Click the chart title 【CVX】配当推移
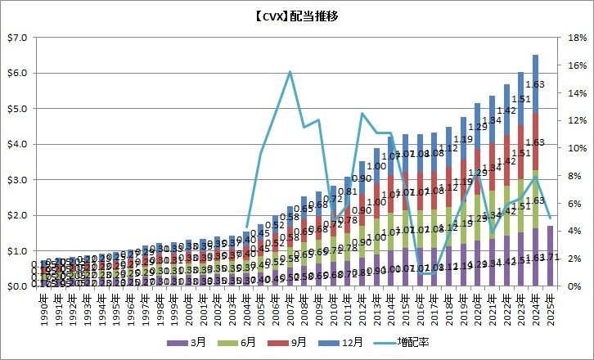tap(296, 16)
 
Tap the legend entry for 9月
tap(298, 342)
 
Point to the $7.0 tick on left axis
tap(17, 38)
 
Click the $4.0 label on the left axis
tap(17, 144)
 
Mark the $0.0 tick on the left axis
tap(17, 286)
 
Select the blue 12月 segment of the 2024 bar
tap(535, 83)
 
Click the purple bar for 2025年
tap(550, 256)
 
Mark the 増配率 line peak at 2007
tap(290, 72)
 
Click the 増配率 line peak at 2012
tap(362, 114)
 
